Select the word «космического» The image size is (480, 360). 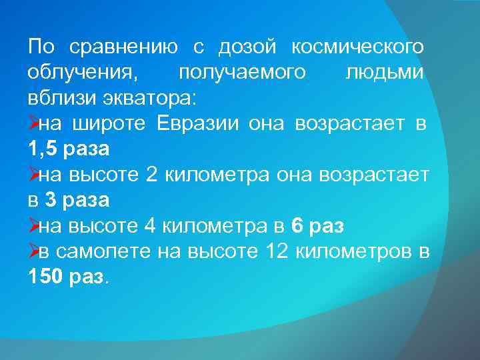[x=357, y=47]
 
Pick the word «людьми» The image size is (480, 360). [x=384, y=73]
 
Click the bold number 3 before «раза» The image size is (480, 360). [x=49, y=200]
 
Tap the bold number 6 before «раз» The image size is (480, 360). [x=298, y=226]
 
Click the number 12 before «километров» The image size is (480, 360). [x=277, y=251]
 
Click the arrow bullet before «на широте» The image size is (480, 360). [x=33, y=123]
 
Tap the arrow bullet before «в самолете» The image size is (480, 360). [x=33, y=251]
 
